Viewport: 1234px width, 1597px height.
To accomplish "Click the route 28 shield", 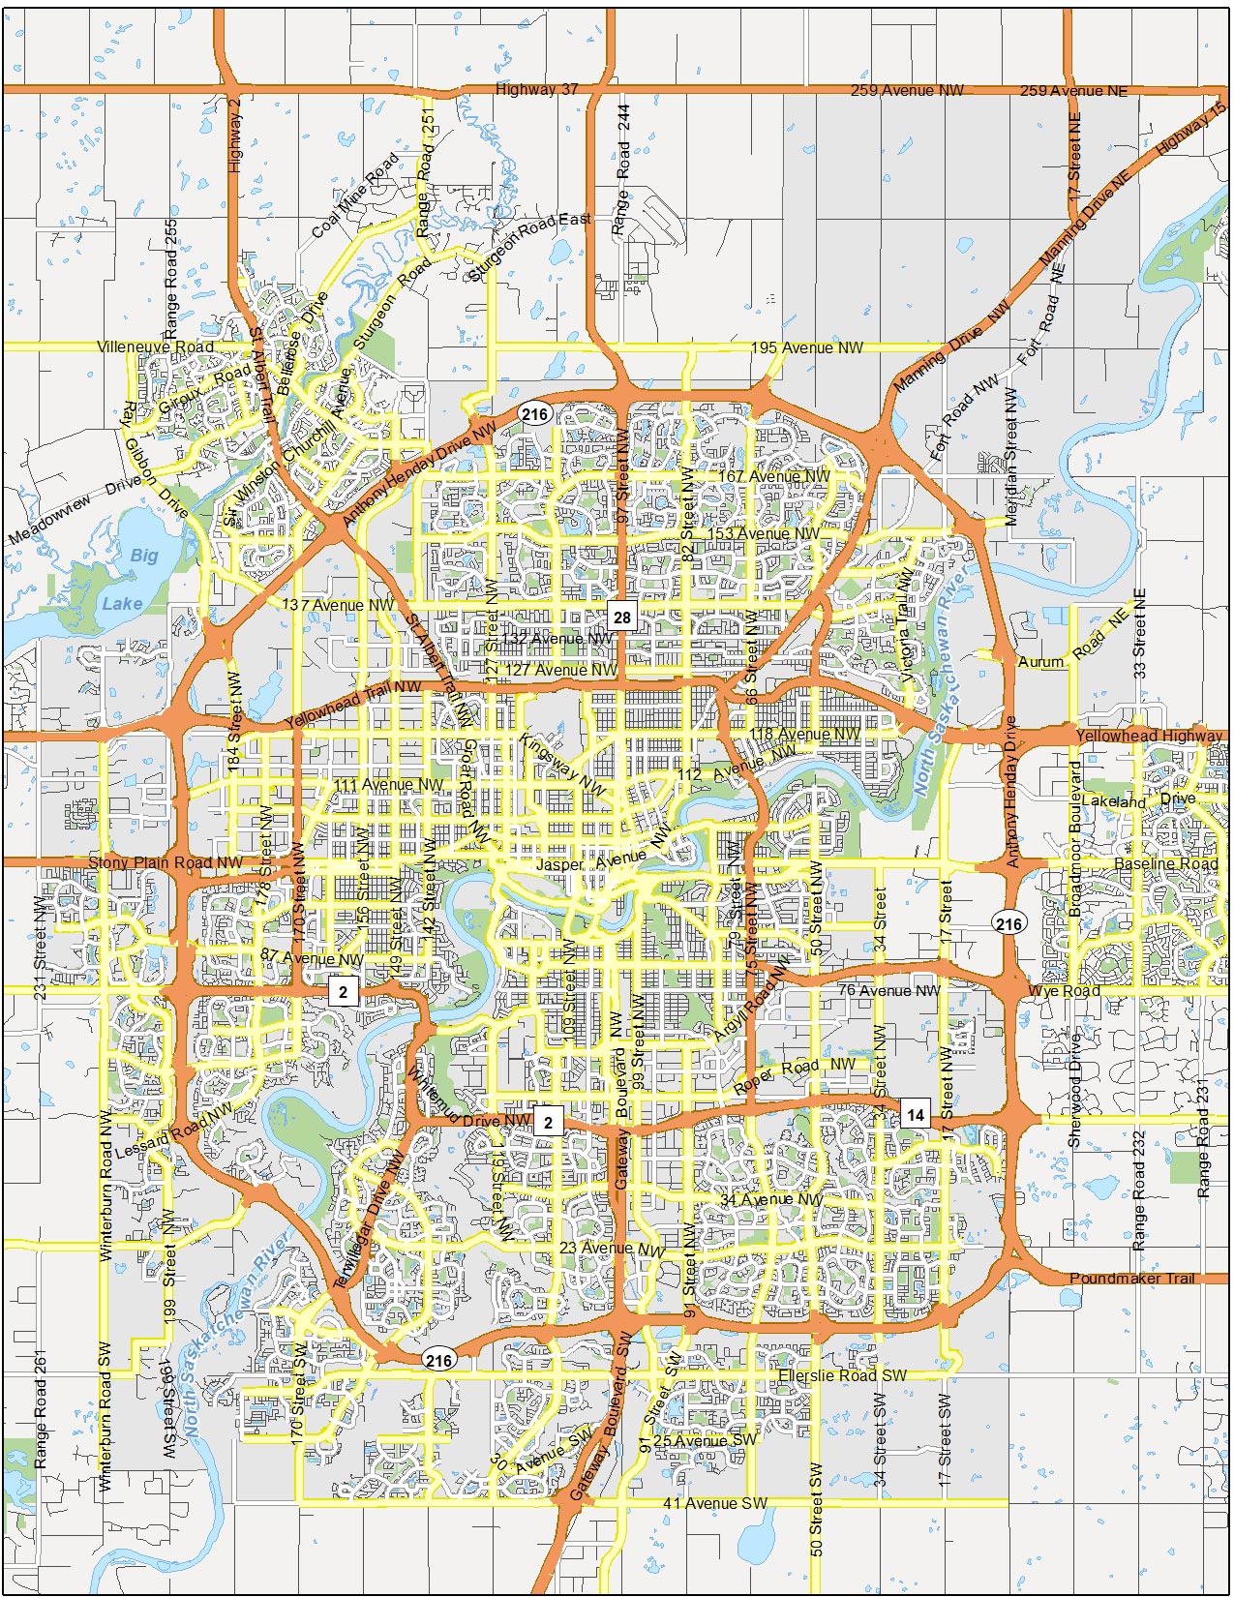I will click(x=621, y=617).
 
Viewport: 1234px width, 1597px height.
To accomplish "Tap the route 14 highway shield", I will click(x=915, y=1114).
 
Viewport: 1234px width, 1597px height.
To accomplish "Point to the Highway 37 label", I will click(x=536, y=89).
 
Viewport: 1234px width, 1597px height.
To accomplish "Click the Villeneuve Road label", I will click(x=155, y=347).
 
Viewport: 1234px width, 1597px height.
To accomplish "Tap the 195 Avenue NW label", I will click(x=806, y=347).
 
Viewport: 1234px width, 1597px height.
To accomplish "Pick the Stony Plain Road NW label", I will click(x=166, y=862).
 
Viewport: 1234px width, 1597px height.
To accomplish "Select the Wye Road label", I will click(x=1064, y=991).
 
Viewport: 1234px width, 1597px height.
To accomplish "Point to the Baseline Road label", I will click(x=1165, y=863).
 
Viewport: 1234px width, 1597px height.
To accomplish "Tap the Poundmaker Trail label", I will click(x=1131, y=1278).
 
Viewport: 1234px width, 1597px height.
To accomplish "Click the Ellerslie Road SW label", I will click(x=842, y=1375).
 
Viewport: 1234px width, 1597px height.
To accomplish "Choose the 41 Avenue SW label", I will click(x=714, y=1503).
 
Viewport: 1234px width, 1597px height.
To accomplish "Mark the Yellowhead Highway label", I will click(x=1149, y=736).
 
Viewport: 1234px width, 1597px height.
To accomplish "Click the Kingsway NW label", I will click(x=561, y=765).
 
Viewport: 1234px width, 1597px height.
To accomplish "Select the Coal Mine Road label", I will click(x=354, y=195).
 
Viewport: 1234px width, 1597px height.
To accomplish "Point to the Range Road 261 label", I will click(x=41, y=1409).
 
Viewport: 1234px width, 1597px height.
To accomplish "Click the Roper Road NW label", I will click(x=794, y=1073).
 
